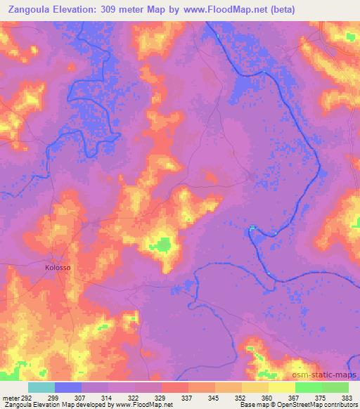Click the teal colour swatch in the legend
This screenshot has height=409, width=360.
point(41,387)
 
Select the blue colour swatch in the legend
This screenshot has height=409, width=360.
point(68,387)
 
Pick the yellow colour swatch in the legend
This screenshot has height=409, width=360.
point(282,387)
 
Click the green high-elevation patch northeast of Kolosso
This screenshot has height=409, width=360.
point(163,244)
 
